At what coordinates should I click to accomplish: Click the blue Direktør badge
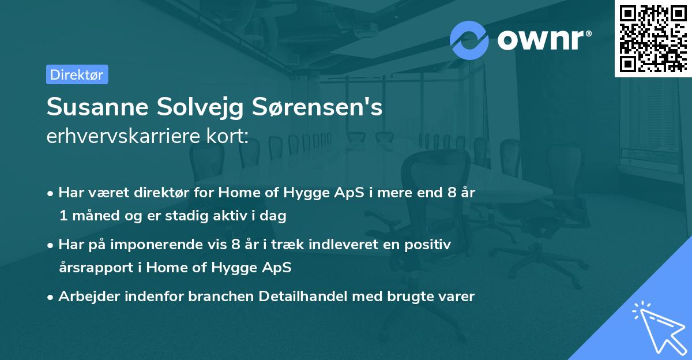[77, 74]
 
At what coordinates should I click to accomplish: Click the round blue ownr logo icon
[469, 40]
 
